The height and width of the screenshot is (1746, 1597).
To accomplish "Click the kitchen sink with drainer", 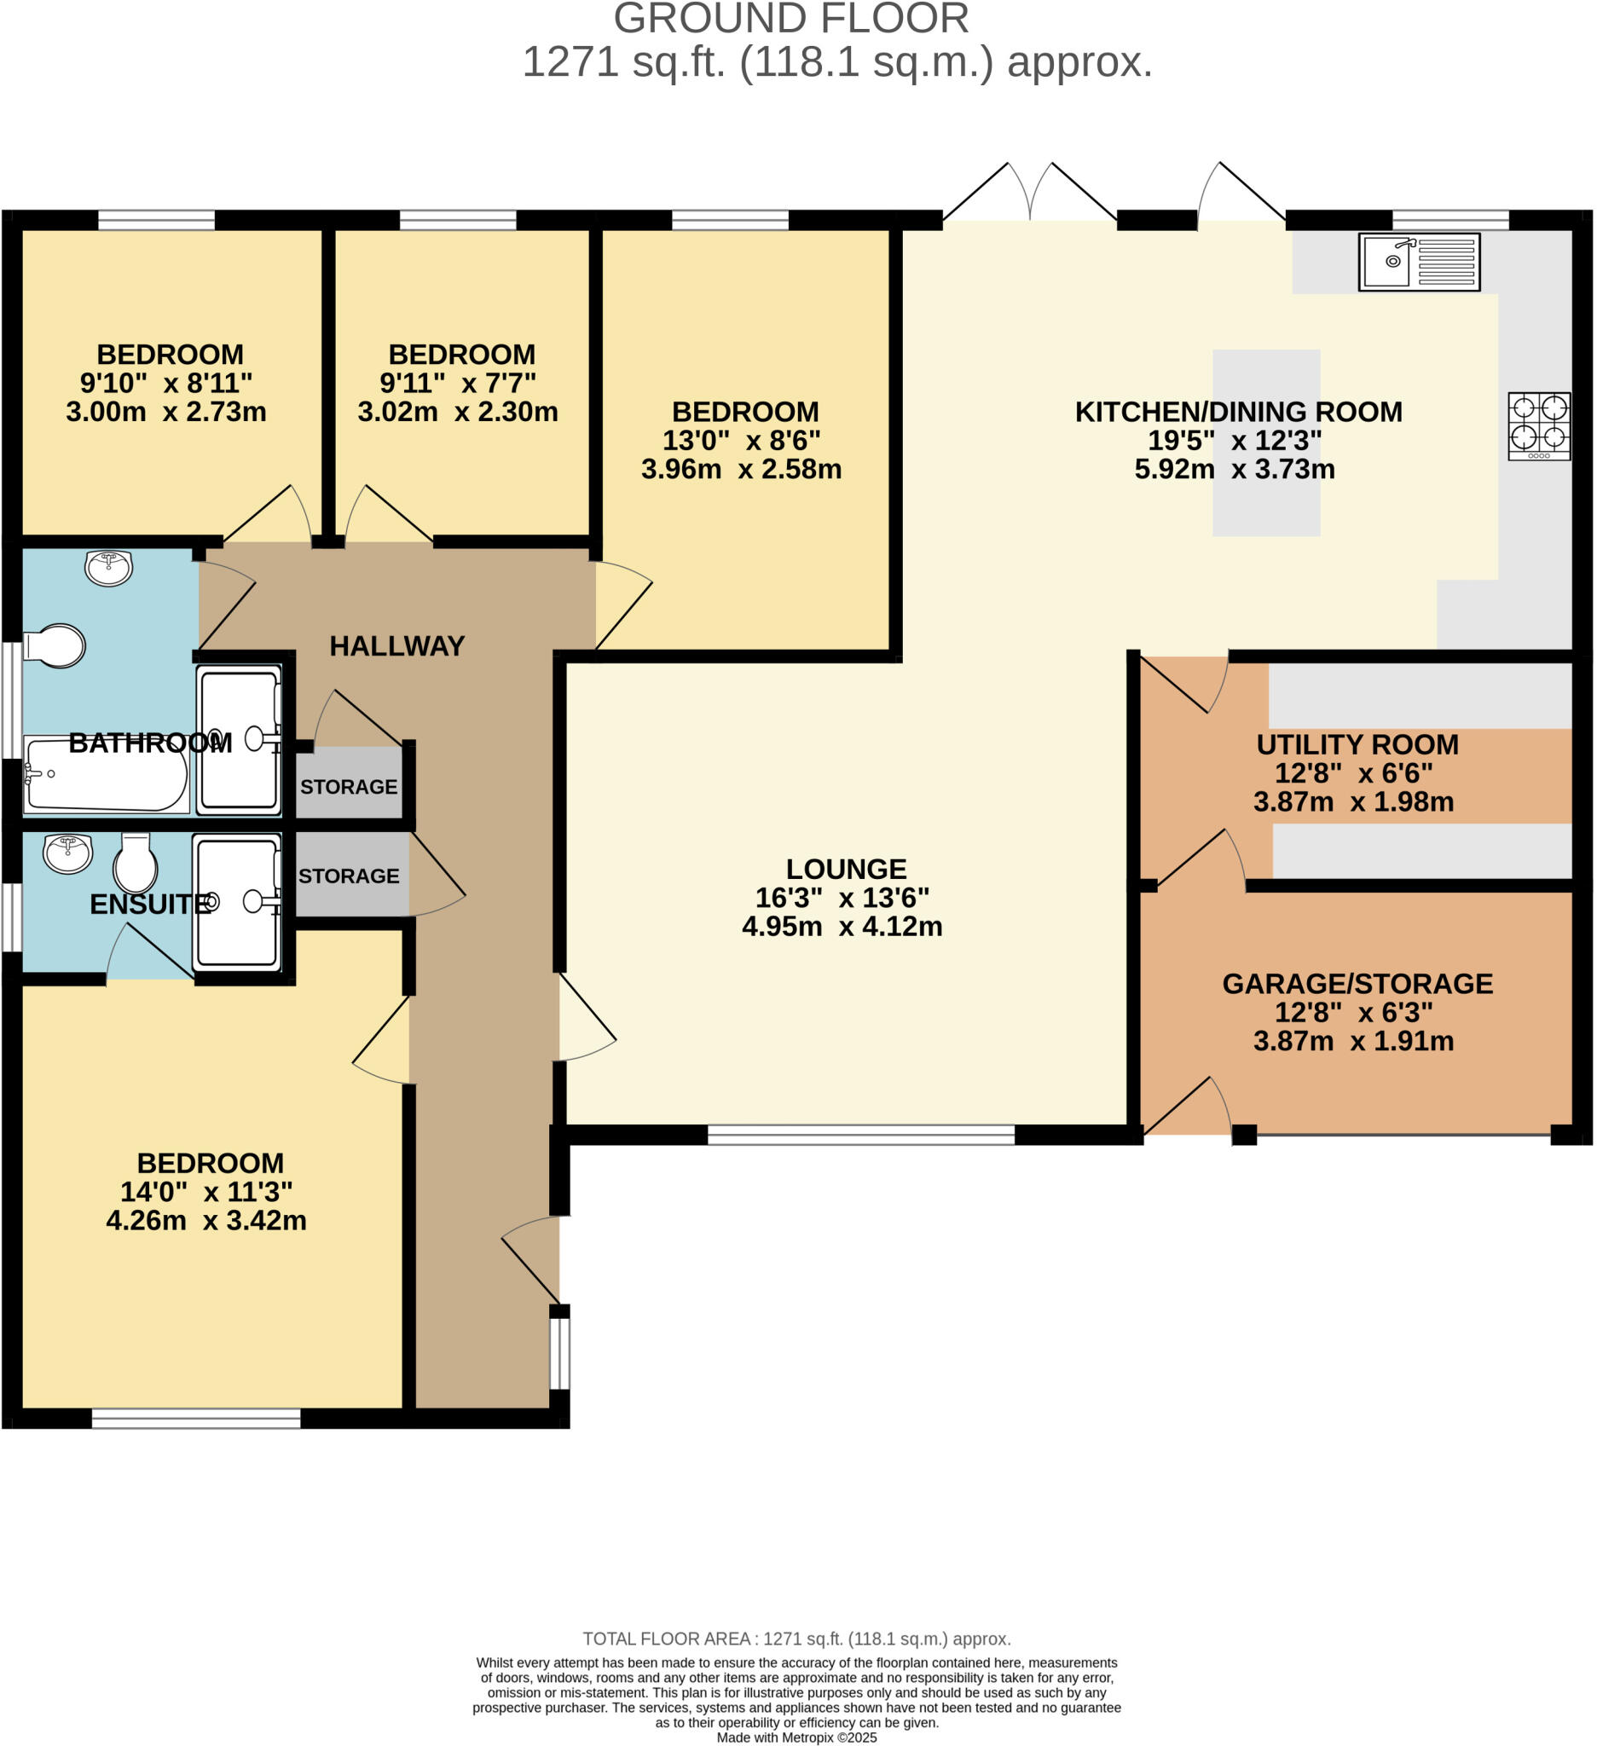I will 1419,262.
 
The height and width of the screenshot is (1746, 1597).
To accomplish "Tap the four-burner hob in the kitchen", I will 1539,426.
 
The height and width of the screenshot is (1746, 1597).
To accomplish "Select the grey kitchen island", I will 1266,442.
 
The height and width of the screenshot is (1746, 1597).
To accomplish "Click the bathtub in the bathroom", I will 106,773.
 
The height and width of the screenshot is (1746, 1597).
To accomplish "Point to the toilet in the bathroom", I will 55,646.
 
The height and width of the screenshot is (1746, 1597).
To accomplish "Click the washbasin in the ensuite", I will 67,853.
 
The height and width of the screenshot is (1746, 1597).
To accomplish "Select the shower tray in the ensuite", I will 237,902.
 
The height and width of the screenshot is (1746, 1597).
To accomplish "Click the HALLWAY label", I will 396,646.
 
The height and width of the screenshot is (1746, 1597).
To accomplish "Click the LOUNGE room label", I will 846,869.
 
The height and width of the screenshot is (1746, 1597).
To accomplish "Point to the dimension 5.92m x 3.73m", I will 1234,470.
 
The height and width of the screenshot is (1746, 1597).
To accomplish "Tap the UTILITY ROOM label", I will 1357,744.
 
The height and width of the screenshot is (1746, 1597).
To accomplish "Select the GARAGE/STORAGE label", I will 1357,984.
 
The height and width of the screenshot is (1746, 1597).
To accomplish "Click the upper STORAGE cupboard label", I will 348,786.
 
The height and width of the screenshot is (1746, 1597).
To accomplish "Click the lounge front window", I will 861,1135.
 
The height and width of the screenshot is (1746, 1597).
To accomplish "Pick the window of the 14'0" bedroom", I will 196,1418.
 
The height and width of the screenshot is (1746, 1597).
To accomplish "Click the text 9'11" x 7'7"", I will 457,383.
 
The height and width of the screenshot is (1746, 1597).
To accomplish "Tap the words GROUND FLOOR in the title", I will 790,19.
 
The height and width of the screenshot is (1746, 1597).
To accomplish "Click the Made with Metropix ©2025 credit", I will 796,1737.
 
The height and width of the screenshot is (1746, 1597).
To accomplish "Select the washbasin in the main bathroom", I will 108,568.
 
